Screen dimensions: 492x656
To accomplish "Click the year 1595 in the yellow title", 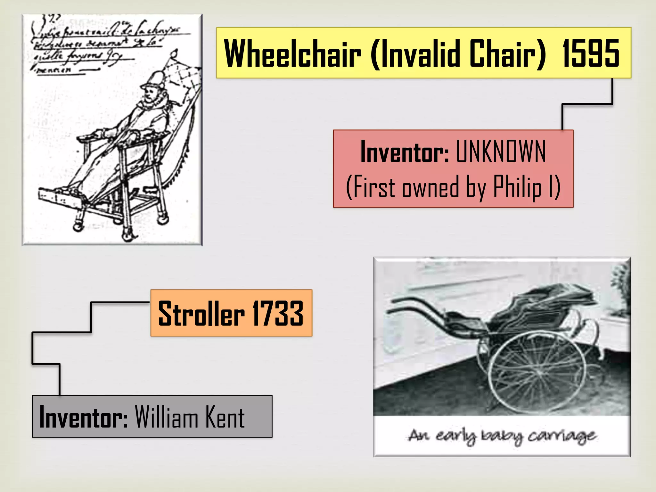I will pyautogui.click(x=590, y=53).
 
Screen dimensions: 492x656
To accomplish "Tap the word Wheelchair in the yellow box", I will pyautogui.click(x=292, y=53).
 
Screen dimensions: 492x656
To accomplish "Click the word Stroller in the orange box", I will pyautogui.click(x=201, y=314).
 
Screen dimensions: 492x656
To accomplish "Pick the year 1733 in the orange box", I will pyautogui.click(x=278, y=314).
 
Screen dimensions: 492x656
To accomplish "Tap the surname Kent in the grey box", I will pyautogui.click(x=225, y=417).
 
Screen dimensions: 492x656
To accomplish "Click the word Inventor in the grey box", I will pyautogui.click(x=83, y=417).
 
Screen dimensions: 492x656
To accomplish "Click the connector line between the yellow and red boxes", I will pyautogui.click(x=587, y=104).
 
